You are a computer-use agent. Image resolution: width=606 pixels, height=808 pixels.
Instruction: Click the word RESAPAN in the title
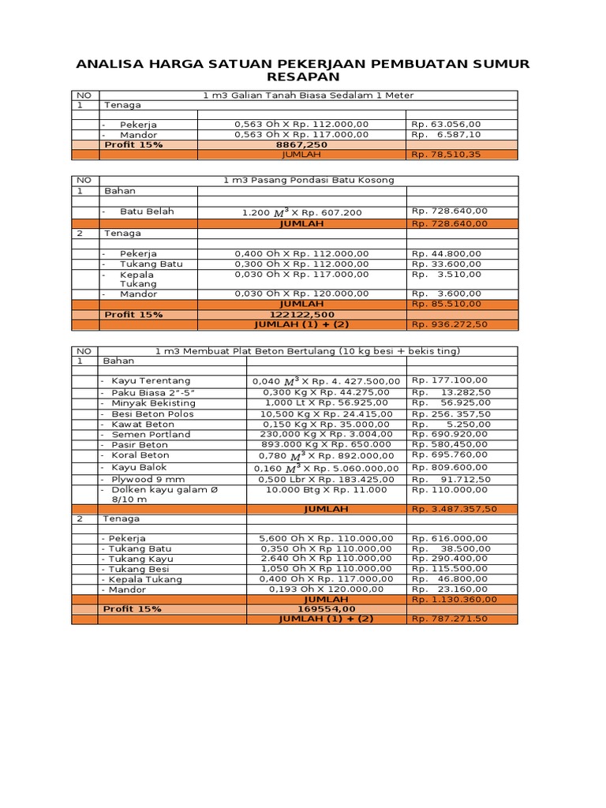click(x=304, y=77)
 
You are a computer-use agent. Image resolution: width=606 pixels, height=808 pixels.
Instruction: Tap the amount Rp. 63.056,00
click(x=446, y=124)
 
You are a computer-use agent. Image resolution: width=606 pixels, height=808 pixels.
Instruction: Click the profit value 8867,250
click(x=301, y=145)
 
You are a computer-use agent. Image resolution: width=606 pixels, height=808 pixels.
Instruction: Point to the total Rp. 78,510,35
click(x=446, y=155)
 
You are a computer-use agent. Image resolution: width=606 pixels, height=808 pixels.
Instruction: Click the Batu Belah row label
click(x=147, y=211)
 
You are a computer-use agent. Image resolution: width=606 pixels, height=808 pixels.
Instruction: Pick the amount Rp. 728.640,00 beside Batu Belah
click(x=450, y=211)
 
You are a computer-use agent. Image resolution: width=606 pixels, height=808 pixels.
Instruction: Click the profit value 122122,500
click(x=301, y=314)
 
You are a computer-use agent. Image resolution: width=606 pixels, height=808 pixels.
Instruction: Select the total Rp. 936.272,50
click(x=450, y=324)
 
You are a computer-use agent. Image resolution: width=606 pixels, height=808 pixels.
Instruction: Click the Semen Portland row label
click(x=151, y=434)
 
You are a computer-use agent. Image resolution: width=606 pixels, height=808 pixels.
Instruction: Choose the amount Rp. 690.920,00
click(x=450, y=434)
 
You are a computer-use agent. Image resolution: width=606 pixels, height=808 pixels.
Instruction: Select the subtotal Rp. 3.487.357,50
click(x=454, y=509)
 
